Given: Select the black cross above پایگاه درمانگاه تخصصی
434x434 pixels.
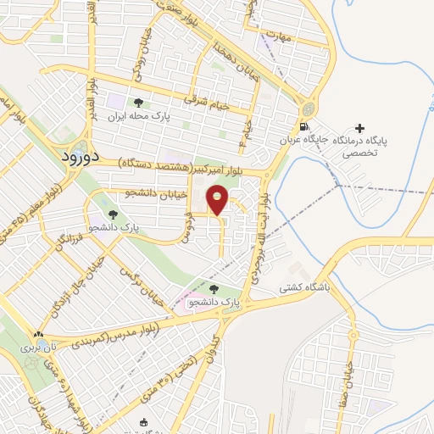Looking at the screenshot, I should [360, 127].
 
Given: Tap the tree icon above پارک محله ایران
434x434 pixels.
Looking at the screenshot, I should [138, 101].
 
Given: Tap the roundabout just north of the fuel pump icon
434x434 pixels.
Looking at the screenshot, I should [306, 108].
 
